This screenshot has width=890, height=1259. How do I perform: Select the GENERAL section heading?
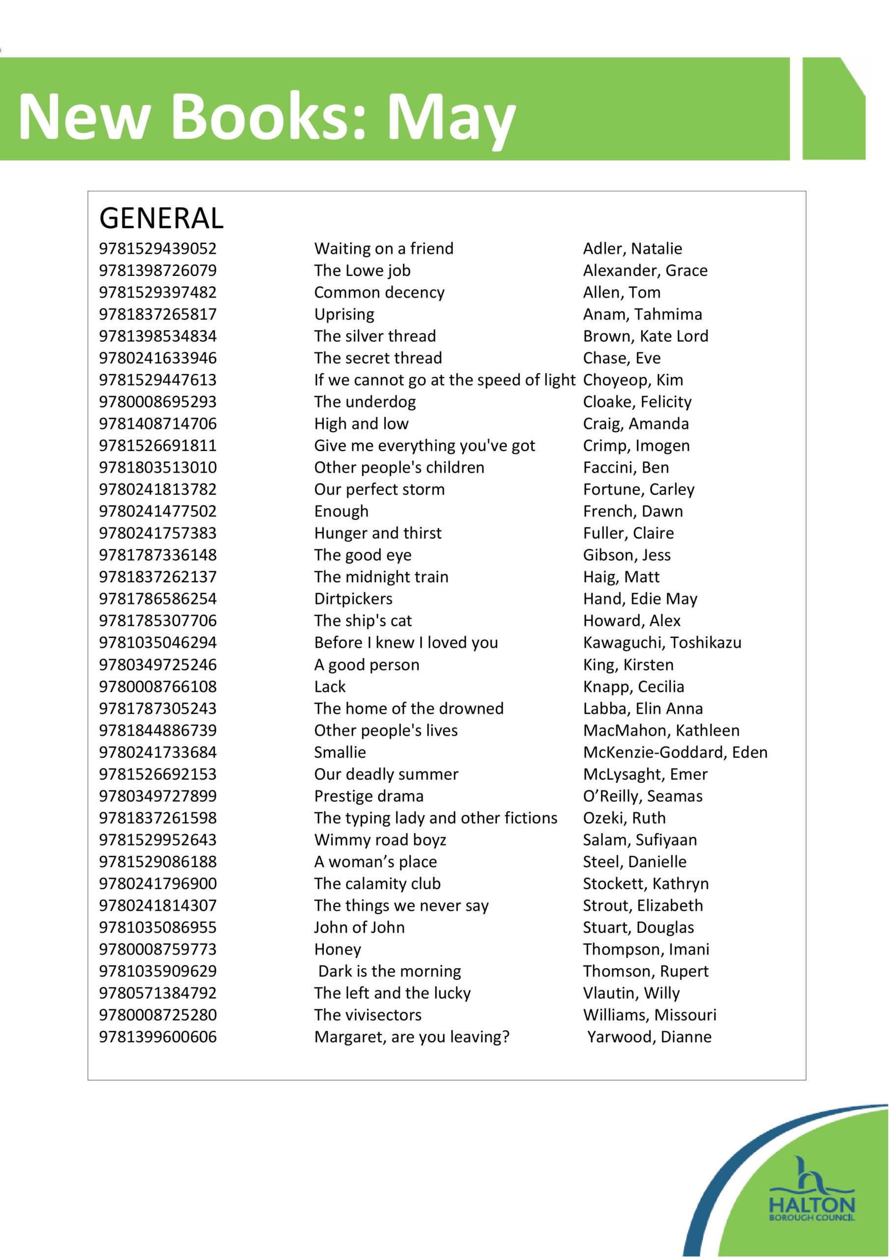(x=161, y=218)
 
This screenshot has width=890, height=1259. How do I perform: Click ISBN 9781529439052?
(x=158, y=248)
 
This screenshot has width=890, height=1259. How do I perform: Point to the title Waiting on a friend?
(x=384, y=248)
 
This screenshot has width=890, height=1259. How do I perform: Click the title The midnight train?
(x=381, y=577)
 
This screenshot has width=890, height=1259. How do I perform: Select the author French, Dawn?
(x=633, y=511)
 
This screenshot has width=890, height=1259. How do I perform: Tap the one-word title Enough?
(x=342, y=511)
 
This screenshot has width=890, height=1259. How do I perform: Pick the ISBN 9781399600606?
(x=158, y=1037)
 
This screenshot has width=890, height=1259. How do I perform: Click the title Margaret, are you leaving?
(x=411, y=1037)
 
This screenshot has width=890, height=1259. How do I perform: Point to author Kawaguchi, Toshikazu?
(x=662, y=643)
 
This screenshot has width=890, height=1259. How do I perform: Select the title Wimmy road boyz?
(x=380, y=840)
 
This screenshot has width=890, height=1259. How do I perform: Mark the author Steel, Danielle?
(x=634, y=862)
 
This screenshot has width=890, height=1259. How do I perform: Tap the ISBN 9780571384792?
(x=158, y=993)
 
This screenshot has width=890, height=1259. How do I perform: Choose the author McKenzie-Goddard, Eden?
(x=675, y=752)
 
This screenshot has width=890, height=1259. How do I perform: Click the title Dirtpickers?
(x=353, y=599)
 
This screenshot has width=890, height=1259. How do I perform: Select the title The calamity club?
(x=377, y=883)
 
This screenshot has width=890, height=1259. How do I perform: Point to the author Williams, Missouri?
(x=649, y=1015)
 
